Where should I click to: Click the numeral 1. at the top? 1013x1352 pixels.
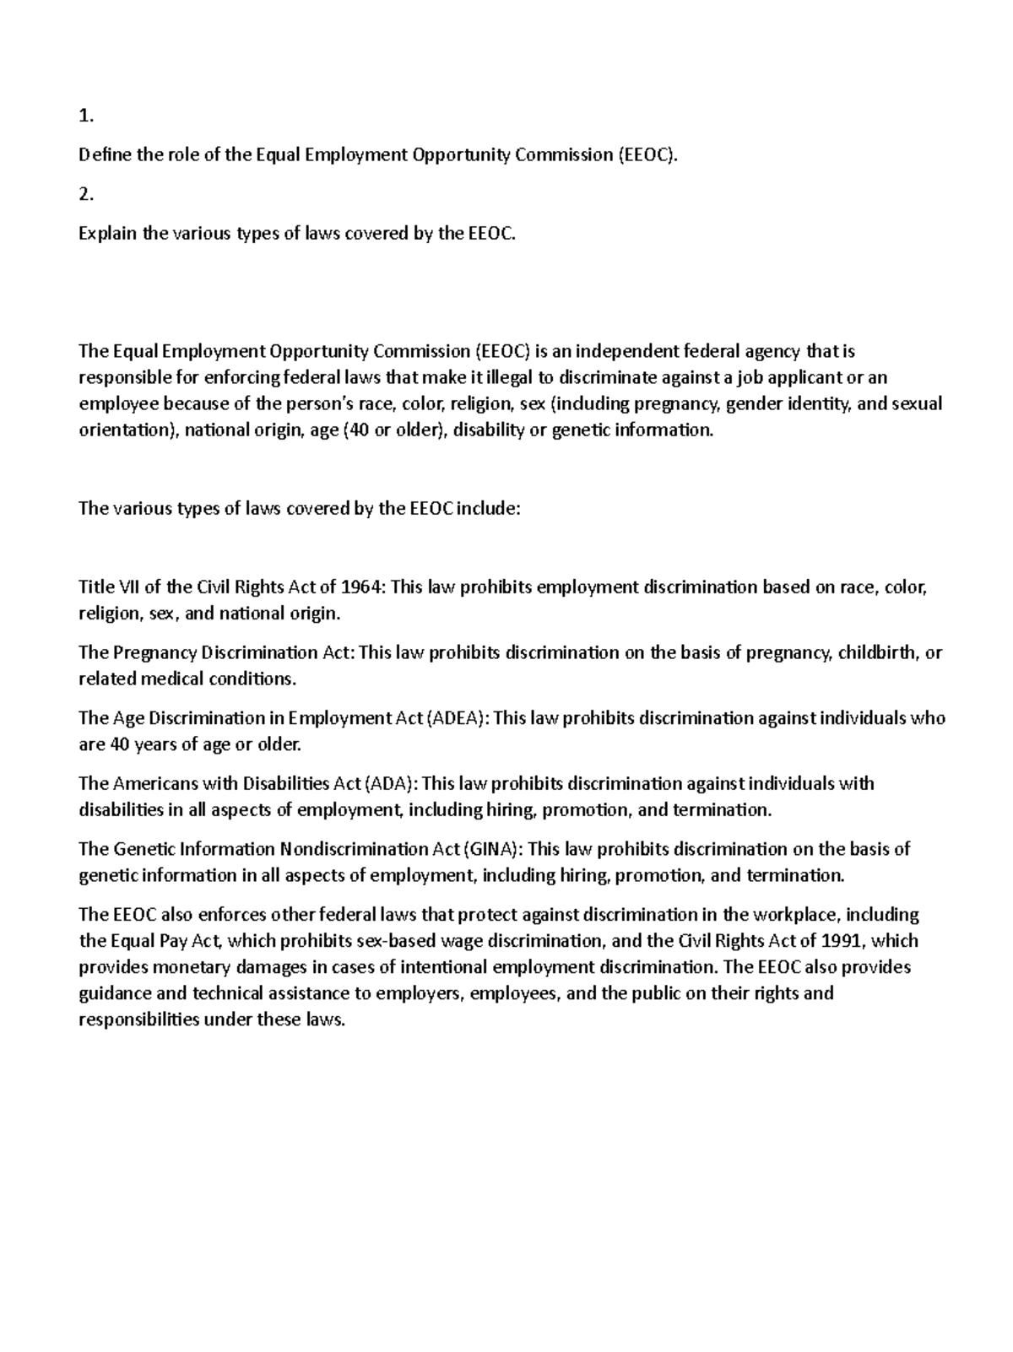85,116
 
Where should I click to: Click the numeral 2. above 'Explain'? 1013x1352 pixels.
85,194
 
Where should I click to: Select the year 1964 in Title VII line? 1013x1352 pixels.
364,587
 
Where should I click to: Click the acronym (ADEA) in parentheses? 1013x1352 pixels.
457,718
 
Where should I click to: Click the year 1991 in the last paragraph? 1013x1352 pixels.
844,941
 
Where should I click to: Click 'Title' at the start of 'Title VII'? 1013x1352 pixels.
95,587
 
